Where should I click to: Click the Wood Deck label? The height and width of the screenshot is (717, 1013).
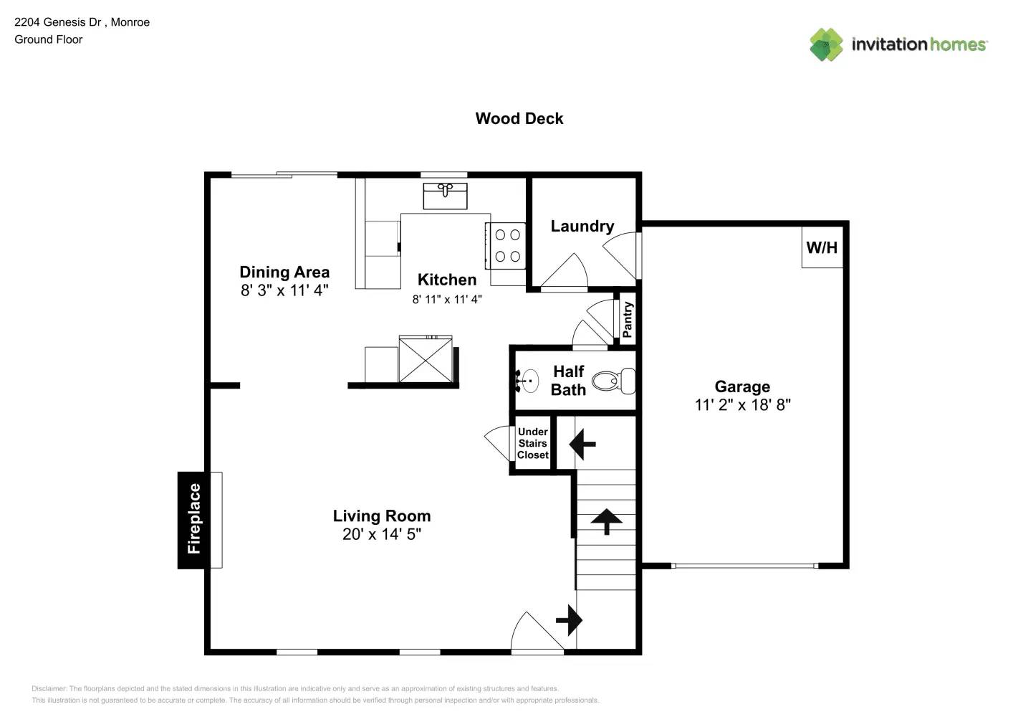(x=519, y=118)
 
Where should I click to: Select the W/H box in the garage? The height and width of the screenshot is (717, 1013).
(x=822, y=247)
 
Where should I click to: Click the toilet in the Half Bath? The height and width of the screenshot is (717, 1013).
(x=615, y=381)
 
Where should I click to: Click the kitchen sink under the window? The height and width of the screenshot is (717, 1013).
(x=445, y=195)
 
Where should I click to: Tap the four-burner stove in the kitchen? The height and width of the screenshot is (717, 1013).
(x=508, y=245)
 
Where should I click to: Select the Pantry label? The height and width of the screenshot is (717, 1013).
(x=628, y=319)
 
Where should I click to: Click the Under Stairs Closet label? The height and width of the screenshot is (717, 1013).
(x=532, y=443)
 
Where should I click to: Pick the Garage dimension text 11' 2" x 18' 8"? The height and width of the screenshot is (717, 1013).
(x=742, y=405)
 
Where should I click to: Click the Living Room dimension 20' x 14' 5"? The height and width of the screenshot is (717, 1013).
(x=381, y=534)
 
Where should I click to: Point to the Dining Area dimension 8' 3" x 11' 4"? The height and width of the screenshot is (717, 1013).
(x=284, y=290)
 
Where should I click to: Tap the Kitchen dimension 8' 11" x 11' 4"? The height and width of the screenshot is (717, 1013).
(x=446, y=299)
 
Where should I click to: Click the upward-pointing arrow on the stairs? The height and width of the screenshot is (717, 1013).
(x=606, y=521)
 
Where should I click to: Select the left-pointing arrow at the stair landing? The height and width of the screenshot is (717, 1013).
(x=582, y=444)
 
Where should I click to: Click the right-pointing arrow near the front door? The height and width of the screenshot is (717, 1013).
(x=570, y=619)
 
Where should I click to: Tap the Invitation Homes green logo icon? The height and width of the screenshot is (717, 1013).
(x=826, y=44)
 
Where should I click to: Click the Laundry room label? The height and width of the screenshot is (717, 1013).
(x=582, y=227)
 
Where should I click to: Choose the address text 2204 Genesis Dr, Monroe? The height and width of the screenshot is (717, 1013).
(x=82, y=22)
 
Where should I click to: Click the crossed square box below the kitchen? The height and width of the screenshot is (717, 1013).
(x=426, y=361)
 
